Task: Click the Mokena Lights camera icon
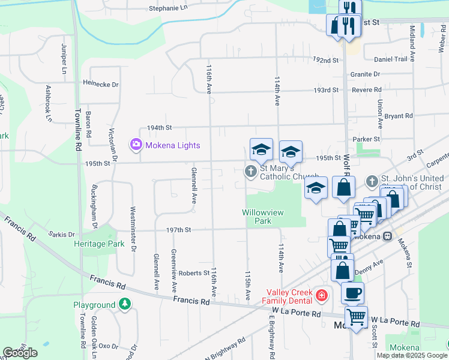coord(136,145)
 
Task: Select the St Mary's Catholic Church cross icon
coord(250,172)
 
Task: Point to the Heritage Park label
coord(99,244)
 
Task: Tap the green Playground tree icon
coord(124,305)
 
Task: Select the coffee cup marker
coord(352,292)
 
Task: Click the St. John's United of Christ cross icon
coord(372,181)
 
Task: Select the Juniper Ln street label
coord(63,59)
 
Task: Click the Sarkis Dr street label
coord(62,235)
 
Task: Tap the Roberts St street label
coord(193,272)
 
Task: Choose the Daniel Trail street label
coord(391,59)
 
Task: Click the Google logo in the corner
coord(20,353)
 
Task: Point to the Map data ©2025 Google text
coord(412,355)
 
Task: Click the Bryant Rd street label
coord(399,116)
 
